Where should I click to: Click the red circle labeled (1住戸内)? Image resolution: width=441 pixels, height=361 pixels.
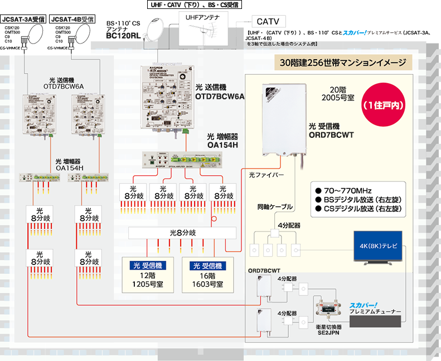coord(384,104)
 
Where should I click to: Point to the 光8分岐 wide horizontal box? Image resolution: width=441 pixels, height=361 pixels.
coord(185,232)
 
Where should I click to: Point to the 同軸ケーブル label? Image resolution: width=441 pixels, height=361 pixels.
coord(275,206)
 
